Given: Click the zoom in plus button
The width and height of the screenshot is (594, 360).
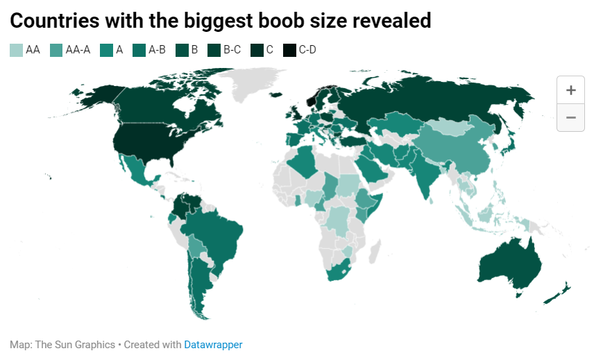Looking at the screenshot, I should (x=571, y=90).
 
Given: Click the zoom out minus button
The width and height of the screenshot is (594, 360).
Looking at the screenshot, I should (x=571, y=117).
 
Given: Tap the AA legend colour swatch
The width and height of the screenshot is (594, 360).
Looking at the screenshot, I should (x=16, y=50).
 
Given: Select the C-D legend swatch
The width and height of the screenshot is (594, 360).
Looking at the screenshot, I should (x=290, y=50).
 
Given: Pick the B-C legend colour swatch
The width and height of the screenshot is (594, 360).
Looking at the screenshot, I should (x=213, y=50).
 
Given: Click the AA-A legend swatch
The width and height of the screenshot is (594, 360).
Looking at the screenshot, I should (x=56, y=50).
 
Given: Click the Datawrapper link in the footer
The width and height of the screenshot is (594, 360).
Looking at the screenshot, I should (x=213, y=345).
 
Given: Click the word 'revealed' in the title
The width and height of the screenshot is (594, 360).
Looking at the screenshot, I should (x=392, y=21).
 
